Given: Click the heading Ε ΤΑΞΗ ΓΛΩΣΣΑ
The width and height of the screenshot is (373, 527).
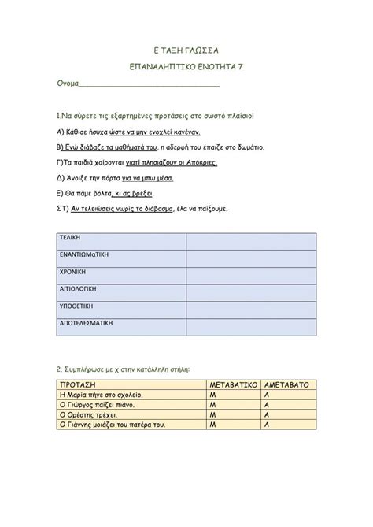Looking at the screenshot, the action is pyautogui.click(x=186, y=49).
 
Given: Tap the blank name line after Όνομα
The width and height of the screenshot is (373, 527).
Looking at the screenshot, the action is pyautogui.click(x=150, y=84).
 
